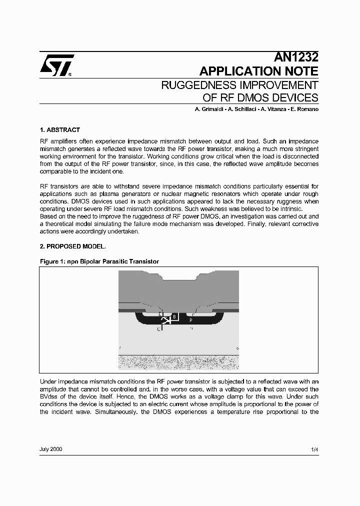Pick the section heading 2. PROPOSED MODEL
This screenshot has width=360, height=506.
click(x=72, y=246)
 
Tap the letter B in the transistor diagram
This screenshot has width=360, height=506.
click(x=173, y=316)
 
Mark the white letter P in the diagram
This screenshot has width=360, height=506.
click(x=191, y=318)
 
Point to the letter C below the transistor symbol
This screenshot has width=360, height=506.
click(x=158, y=329)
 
